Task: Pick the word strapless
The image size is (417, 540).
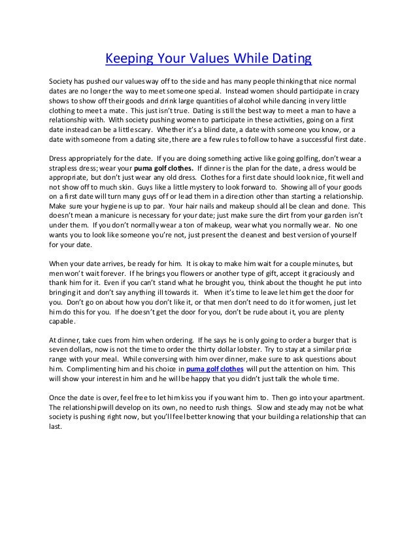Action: [65, 169]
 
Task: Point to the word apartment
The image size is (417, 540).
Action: [331, 398]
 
